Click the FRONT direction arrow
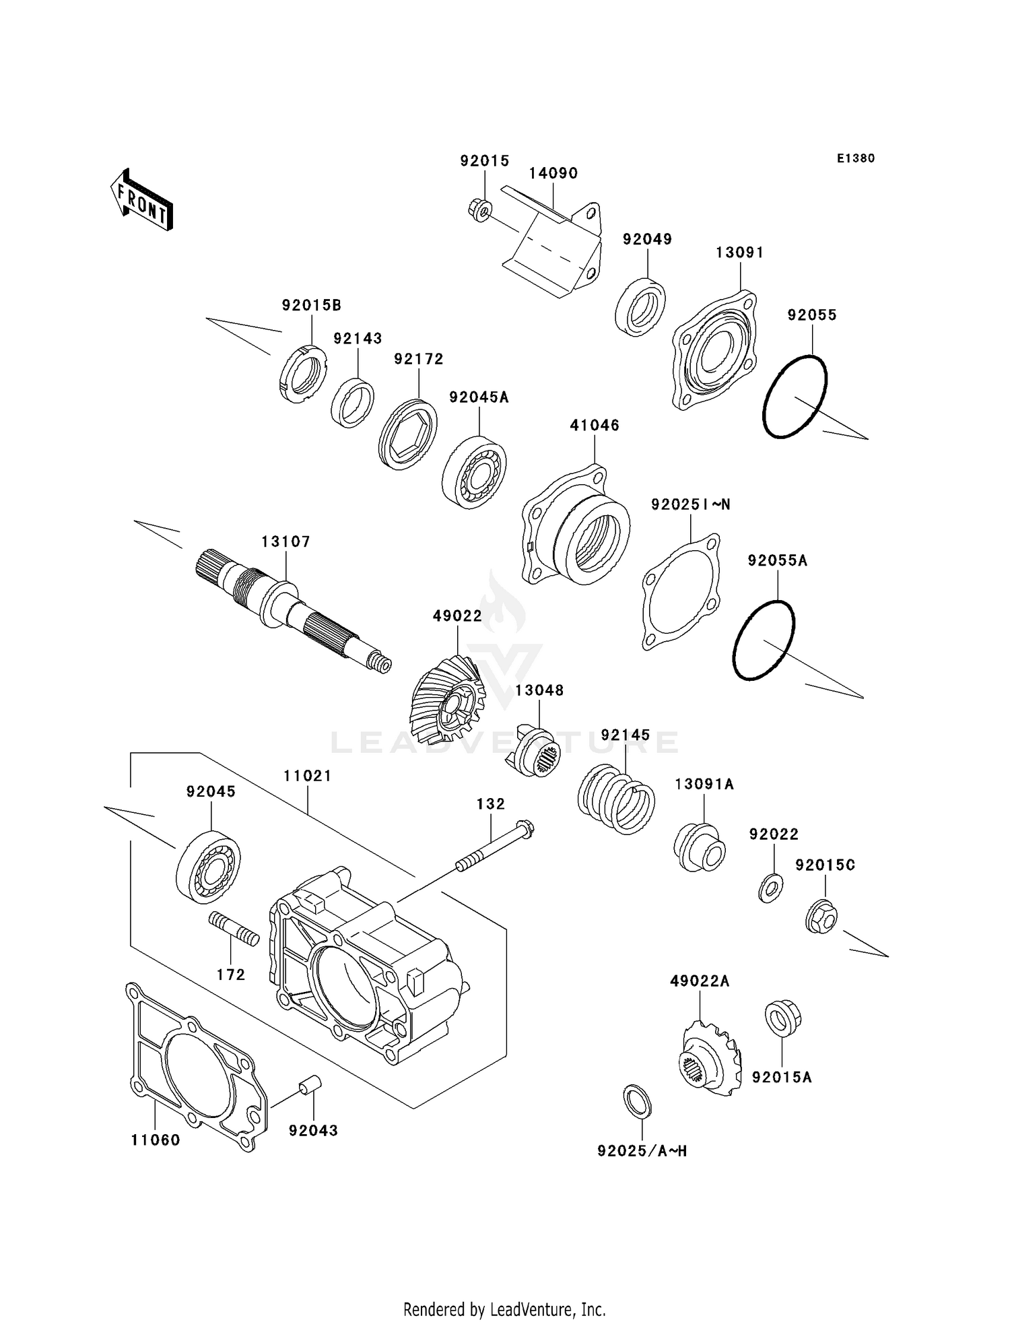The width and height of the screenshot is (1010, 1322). (142, 201)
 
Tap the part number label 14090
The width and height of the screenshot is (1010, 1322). (553, 173)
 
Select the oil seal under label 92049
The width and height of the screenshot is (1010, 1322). (640, 305)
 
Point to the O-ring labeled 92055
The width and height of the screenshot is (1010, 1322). (795, 397)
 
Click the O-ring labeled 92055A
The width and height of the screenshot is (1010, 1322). (764, 640)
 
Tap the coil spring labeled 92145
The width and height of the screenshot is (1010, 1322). (616, 799)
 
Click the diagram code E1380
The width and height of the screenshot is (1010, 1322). (855, 158)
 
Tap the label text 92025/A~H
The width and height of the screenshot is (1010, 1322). (642, 1151)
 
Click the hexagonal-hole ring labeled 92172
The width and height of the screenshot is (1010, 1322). (407, 434)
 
